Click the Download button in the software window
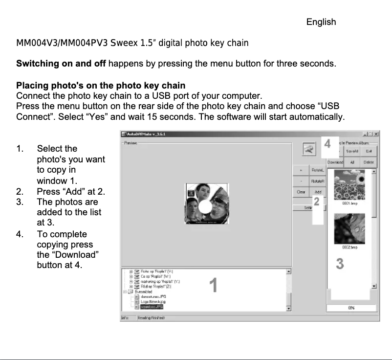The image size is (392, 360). coord(335,162)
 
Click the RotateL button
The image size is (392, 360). coord(318,170)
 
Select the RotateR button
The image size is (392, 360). coord(318,181)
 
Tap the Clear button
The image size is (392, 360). coord(301,192)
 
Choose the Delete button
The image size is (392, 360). coord(369,162)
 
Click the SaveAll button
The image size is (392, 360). coord(353,151)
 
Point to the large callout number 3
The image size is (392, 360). coord(340,264)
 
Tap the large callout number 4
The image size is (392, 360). coord(327,144)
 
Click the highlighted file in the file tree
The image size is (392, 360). coord(151,307)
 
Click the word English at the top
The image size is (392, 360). coord(321,22)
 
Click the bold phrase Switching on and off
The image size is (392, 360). coord(61,64)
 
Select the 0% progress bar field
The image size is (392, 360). coord(351,308)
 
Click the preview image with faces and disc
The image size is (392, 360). coord(206,203)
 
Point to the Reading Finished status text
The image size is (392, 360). coord(151,318)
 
